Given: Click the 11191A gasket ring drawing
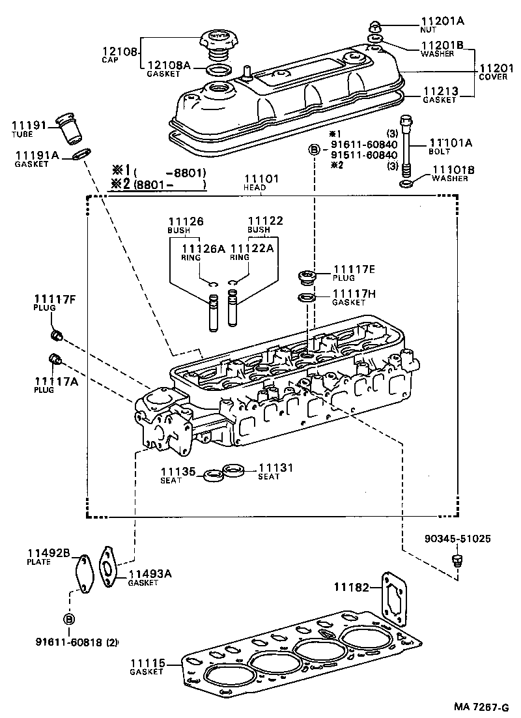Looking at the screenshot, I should tap(81, 154).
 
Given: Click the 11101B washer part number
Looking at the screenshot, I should tap(453, 170).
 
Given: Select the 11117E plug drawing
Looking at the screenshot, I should tap(305, 276).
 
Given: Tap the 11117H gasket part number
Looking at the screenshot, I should tap(354, 294).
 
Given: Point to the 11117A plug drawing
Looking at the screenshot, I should tap(55, 359).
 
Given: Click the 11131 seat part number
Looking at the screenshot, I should tap(276, 468).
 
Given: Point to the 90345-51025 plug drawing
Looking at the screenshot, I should tap(457, 560).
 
